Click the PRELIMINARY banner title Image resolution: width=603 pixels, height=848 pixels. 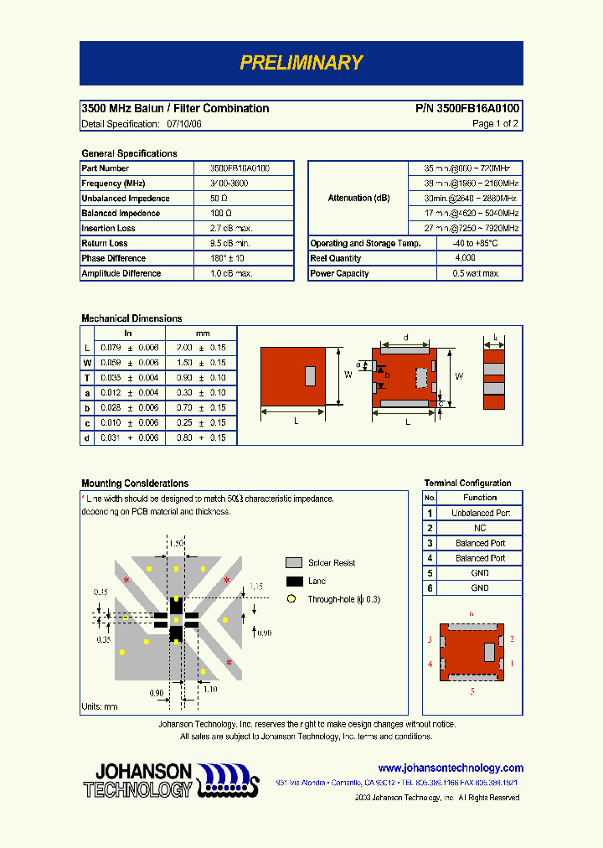click(x=301, y=63)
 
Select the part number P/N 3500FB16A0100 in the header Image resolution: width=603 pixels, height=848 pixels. click(x=466, y=109)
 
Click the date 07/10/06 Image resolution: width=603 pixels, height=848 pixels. click(x=184, y=124)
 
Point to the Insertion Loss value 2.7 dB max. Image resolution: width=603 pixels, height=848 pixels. click(x=230, y=229)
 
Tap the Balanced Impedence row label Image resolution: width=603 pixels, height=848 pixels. click(x=126, y=214)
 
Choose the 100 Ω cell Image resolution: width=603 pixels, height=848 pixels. click(x=219, y=214)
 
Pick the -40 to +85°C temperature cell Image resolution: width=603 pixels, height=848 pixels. click(x=475, y=244)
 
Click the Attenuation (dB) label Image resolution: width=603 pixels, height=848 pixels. click(x=358, y=198)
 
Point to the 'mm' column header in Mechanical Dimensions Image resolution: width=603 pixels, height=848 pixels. click(x=203, y=334)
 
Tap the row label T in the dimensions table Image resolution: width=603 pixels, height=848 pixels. click(x=86, y=378)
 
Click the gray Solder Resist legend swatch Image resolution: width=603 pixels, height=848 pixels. click(x=294, y=563)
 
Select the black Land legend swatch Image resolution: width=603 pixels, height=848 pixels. click(x=294, y=582)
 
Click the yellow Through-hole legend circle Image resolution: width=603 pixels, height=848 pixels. click(x=291, y=599)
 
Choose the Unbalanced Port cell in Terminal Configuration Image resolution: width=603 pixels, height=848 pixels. click(x=480, y=513)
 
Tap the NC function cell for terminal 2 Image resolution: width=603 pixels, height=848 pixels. click(x=480, y=528)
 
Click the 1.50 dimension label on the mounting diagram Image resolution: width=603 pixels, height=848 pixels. click(x=177, y=544)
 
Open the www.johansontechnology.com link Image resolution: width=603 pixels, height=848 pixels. click(x=451, y=768)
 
